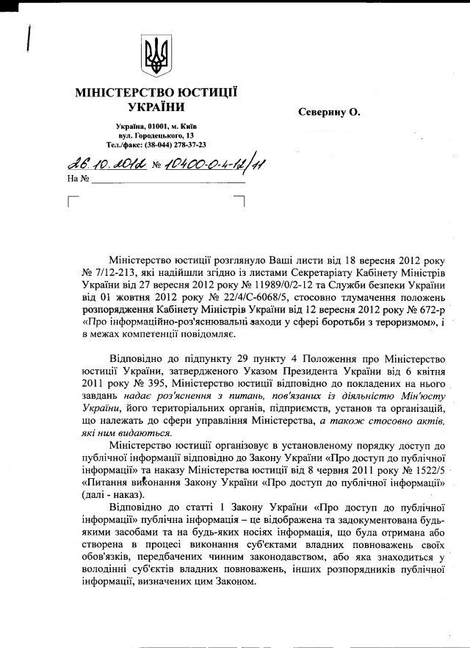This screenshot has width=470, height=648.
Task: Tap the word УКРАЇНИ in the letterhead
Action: coord(156,107)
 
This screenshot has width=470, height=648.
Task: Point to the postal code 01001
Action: coord(158,127)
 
